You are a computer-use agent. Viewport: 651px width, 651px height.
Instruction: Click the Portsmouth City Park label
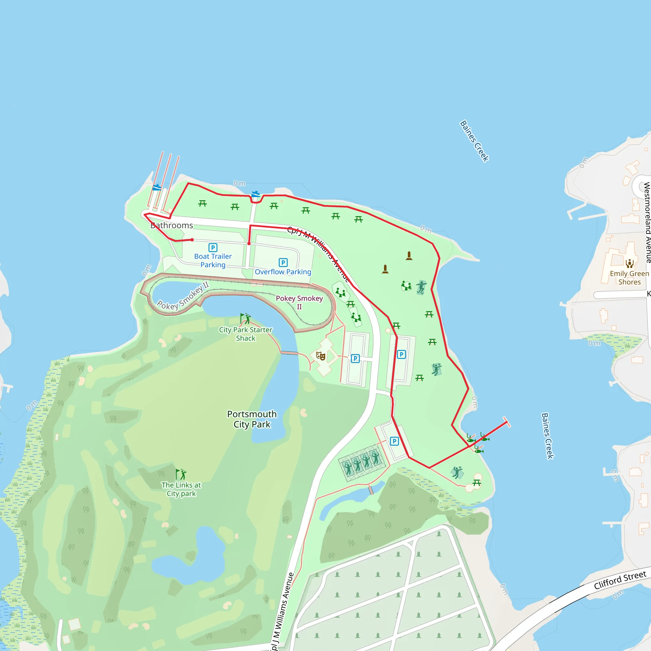[252, 419]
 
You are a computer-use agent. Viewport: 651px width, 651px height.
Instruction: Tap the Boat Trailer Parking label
[213, 260]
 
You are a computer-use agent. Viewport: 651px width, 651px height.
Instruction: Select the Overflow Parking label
[283, 272]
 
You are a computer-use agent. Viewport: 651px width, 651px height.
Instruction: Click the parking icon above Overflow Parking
[283, 263]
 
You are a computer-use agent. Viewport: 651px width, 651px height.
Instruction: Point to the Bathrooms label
[172, 225]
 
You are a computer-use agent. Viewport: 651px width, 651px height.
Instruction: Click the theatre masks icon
[320, 356]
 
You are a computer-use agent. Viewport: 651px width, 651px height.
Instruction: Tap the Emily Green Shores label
[629, 278]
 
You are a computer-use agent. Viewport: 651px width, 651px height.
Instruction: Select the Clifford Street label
[620, 580]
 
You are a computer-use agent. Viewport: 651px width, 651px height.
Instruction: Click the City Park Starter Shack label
[245, 334]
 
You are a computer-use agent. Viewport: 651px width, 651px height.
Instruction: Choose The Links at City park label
[181, 489]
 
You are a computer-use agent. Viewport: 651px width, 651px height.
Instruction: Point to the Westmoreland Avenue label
[647, 223]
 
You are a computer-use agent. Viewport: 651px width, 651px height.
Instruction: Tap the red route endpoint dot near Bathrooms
[192, 240]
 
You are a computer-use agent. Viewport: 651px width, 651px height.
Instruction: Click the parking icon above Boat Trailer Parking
[213, 248]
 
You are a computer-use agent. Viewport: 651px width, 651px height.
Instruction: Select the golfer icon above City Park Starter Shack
[245, 319]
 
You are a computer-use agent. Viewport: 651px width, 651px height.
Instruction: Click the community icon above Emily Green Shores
[629, 263]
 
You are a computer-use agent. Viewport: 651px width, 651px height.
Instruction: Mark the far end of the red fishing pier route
[506, 422]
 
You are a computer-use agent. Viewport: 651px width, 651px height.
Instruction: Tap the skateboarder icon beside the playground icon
[421, 287]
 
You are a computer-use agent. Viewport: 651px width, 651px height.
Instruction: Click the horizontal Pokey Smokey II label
[299, 302]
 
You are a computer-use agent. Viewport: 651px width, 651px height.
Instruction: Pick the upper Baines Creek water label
[475, 141]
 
